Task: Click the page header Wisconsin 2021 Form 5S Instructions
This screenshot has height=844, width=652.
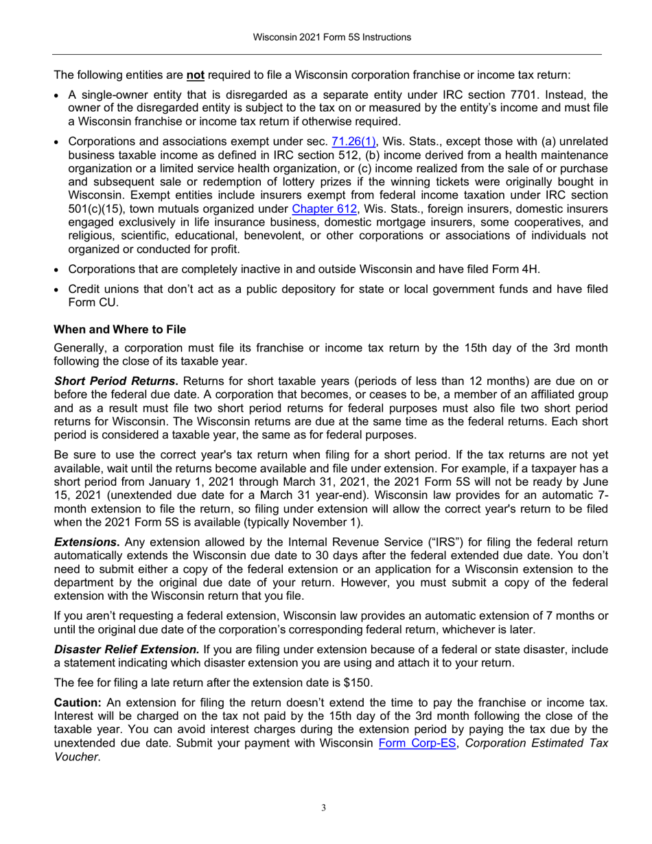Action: pyautogui.click(x=326, y=37)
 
